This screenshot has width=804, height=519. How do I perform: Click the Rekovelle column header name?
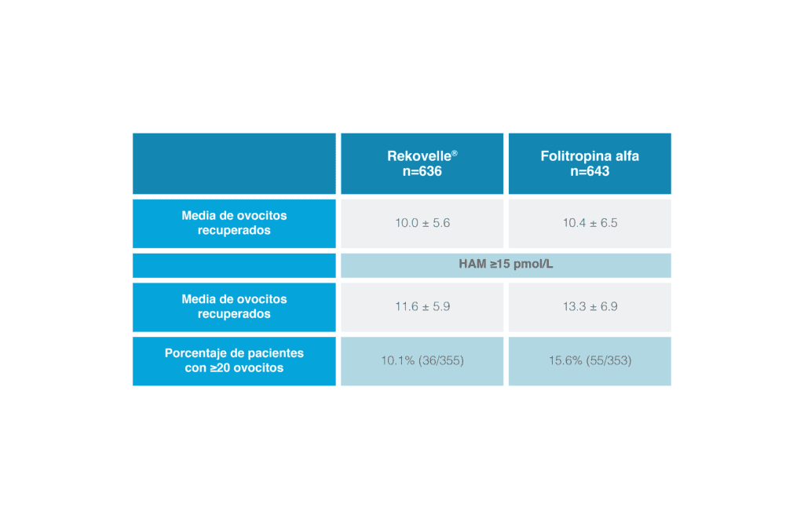point(419,156)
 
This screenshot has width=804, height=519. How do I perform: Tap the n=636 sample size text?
point(422,171)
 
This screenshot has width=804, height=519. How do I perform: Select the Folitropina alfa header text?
point(590,156)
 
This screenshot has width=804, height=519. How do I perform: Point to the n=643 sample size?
point(590,171)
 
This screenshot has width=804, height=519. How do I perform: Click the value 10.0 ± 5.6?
point(422,223)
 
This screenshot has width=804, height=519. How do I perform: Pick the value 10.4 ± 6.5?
point(590,223)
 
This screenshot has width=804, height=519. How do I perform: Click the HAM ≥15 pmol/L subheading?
point(506,264)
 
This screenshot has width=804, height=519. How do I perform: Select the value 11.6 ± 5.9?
point(422,307)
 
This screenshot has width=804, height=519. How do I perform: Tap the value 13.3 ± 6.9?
point(590,307)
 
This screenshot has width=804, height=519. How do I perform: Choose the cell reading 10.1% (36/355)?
point(422,360)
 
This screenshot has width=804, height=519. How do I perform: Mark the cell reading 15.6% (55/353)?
point(590,360)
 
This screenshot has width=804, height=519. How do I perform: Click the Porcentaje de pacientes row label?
point(234,360)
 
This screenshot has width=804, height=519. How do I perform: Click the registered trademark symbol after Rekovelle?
point(455,153)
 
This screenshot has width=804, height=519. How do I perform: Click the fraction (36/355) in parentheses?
point(441,360)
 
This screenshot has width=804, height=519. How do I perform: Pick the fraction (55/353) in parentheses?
point(608,360)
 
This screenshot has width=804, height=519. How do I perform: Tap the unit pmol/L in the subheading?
point(533,264)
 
